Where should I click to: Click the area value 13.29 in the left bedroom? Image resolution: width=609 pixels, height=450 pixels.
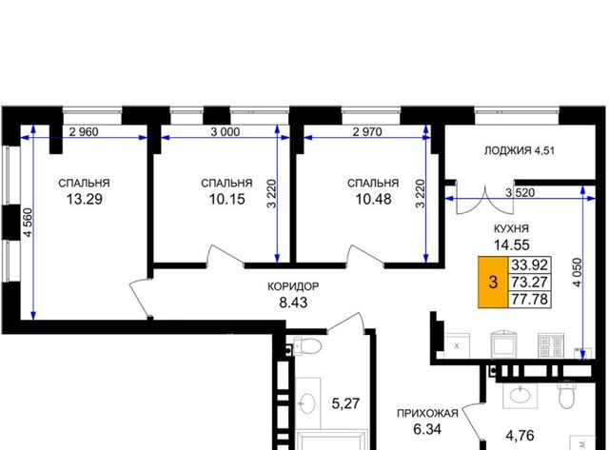(85, 199)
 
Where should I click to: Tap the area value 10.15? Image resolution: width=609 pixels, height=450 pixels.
(227, 199)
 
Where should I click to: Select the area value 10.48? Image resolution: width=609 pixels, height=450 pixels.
(374, 199)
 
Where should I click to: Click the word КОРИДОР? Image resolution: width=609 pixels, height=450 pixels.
(293, 286)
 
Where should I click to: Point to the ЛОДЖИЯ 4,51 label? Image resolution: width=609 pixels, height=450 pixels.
(520, 150)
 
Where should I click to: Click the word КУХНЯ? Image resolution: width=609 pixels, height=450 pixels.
(512, 228)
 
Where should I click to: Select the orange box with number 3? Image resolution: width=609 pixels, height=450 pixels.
(493, 282)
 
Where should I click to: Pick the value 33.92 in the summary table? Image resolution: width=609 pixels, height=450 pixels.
(530, 264)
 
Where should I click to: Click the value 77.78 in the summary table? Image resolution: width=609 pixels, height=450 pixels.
(530, 299)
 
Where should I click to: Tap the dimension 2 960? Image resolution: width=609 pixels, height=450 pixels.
(84, 132)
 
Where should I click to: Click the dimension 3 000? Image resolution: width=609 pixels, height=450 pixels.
(226, 132)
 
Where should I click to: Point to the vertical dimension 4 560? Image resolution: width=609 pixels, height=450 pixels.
(28, 223)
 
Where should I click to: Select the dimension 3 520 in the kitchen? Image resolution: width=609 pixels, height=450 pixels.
(521, 192)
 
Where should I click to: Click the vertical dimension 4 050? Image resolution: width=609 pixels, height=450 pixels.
(578, 272)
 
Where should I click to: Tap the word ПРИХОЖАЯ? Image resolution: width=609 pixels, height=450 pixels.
(427, 414)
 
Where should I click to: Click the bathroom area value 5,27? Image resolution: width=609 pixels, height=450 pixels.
(345, 403)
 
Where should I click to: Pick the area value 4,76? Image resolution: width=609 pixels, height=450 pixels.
(520, 436)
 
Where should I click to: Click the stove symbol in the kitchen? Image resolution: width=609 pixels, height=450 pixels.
(551, 345)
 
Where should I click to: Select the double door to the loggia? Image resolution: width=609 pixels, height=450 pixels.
(485, 200)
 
